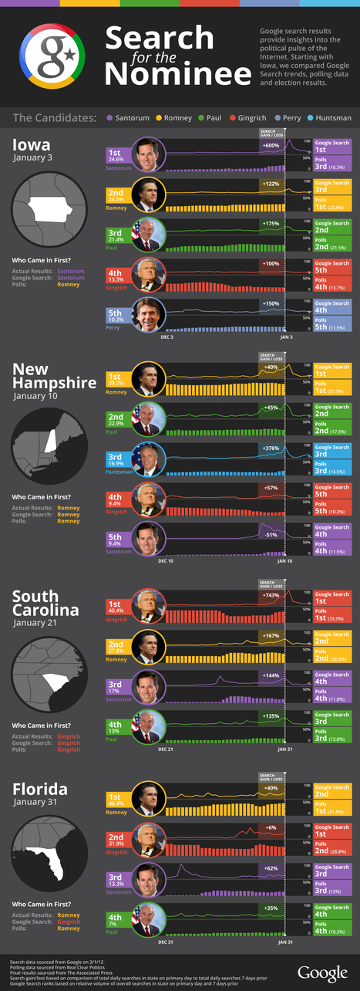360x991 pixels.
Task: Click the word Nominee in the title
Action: [178, 73]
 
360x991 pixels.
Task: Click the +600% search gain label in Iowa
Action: [271, 146]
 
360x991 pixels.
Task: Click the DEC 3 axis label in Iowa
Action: [166, 337]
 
